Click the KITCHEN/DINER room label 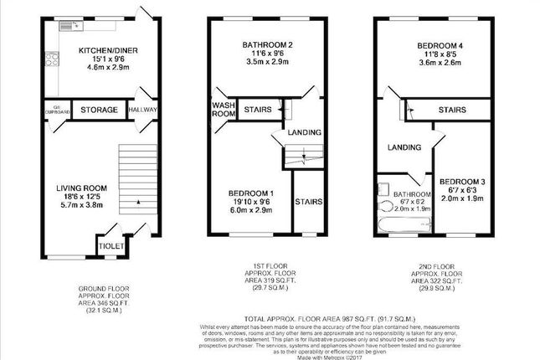coord(102,50)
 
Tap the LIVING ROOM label coord(79,188)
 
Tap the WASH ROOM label coord(222,110)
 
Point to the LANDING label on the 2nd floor coord(404,148)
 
